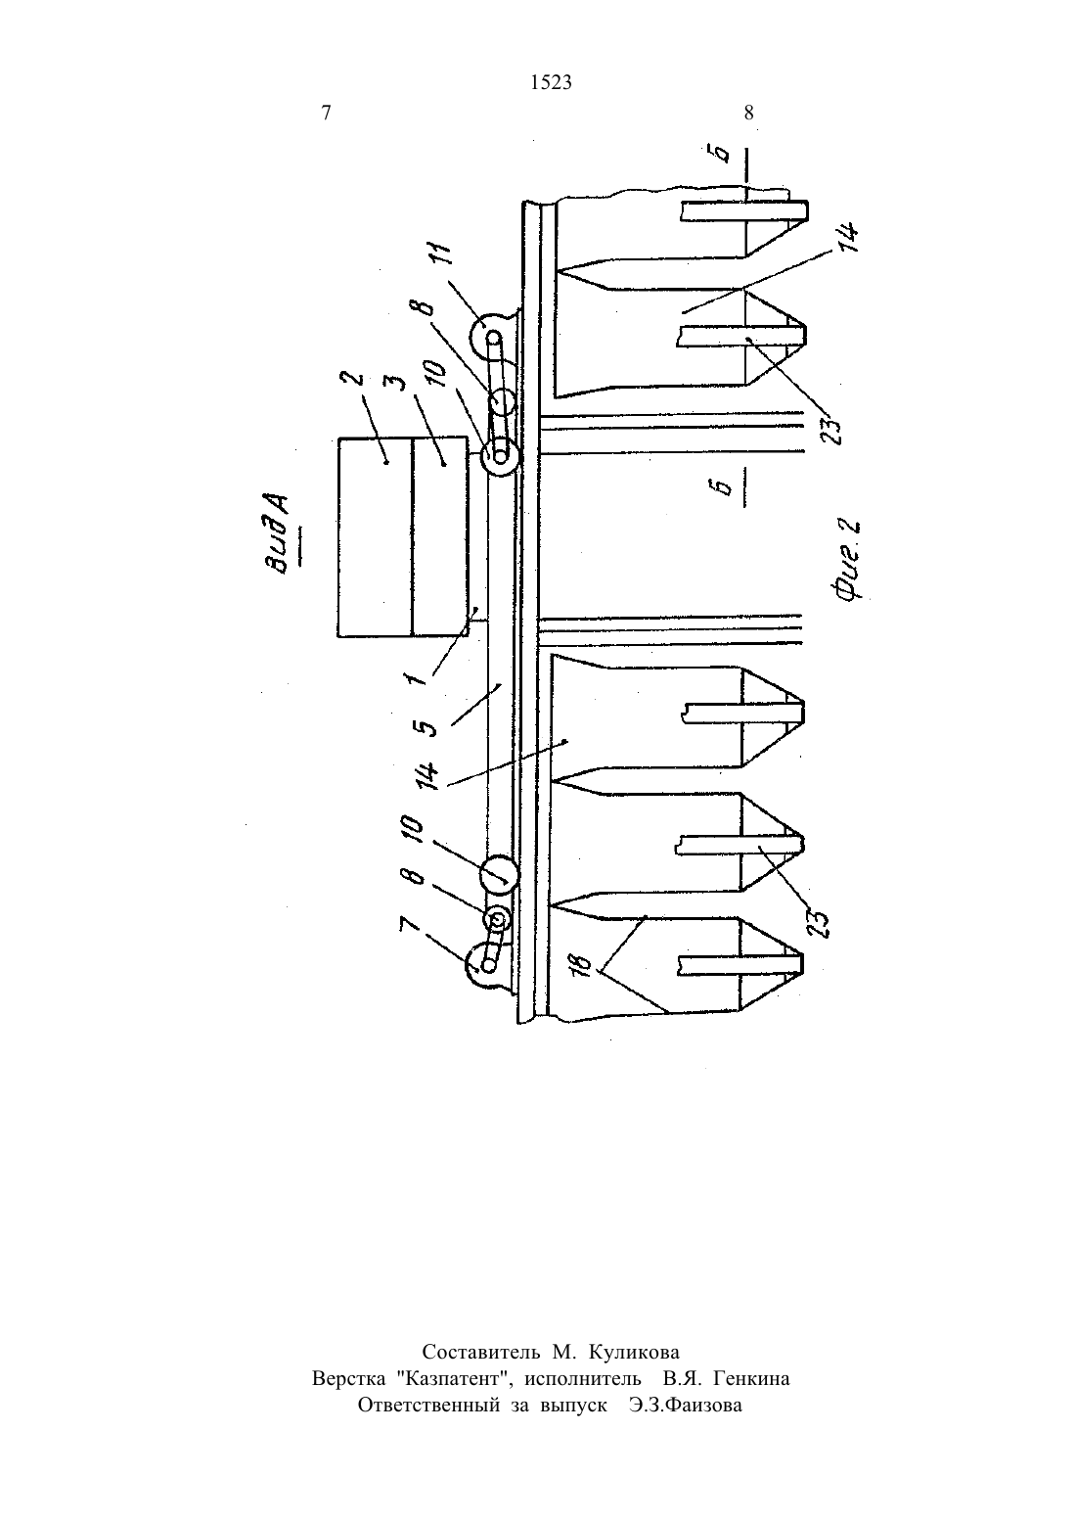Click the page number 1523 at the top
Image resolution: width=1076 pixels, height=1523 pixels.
click(x=551, y=82)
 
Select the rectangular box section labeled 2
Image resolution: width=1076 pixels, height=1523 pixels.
click(x=375, y=536)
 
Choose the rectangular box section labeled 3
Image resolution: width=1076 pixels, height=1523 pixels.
click(x=439, y=536)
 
